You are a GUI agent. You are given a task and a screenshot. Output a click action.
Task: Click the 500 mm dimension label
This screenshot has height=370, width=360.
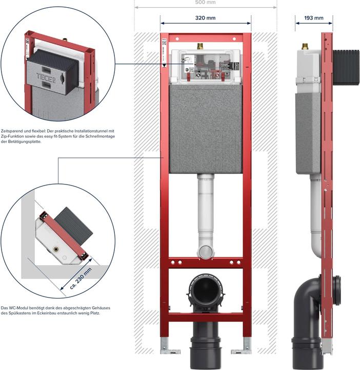[x=205, y=3]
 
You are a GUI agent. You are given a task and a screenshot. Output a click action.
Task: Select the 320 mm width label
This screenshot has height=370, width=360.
[x=205, y=17]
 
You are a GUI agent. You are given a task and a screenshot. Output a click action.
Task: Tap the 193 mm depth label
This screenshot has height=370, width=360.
[x=313, y=17]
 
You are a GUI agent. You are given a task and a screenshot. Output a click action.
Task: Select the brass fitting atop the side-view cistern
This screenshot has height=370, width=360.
[x=306, y=47]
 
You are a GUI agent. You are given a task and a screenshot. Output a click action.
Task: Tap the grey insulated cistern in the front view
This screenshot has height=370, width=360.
[x=206, y=128]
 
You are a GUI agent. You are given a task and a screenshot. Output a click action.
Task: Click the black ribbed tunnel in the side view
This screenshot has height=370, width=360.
[x=346, y=67]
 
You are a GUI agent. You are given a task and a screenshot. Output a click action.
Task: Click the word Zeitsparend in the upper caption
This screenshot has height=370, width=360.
[x=14, y=131]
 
